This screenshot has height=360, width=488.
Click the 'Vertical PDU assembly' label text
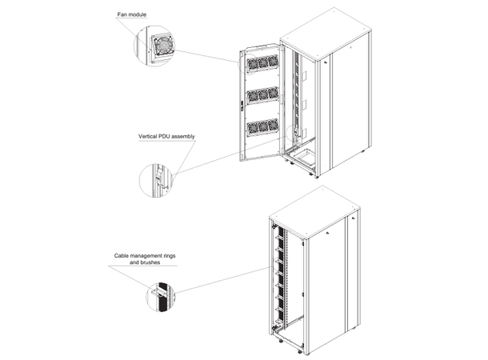point(166,136)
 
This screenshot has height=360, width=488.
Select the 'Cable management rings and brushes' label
point(145,258)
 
